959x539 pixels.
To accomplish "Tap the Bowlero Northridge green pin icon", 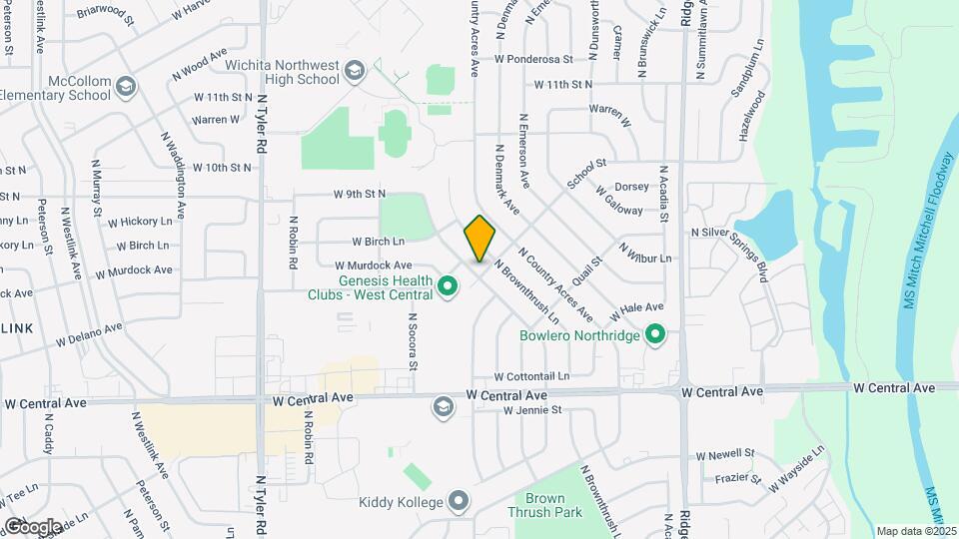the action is click(655, 334).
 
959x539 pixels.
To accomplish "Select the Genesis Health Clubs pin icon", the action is click(448, 288).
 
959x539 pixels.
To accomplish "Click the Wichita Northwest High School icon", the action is click(354, 71).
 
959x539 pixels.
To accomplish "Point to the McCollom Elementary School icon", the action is click(126, 87).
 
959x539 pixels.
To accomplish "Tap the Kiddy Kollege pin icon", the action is click(459, 501).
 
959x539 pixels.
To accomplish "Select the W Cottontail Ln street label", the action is click(531, 376).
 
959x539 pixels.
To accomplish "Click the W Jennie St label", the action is click(533, 409).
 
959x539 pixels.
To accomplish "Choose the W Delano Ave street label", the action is click(89, 333).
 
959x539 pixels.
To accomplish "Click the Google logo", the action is click(32, 526).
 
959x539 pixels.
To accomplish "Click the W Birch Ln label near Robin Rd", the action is click(378, 242).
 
